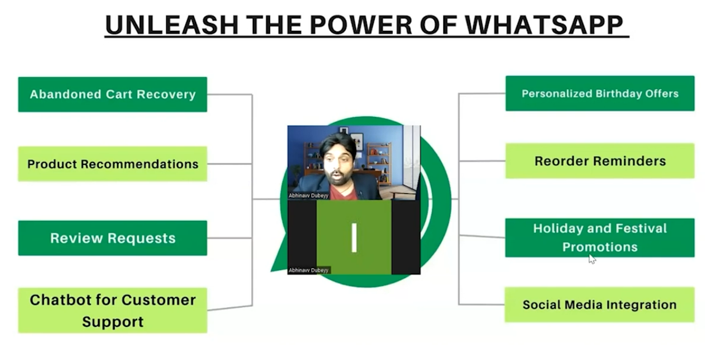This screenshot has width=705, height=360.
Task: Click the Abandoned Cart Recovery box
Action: tap(113, 94)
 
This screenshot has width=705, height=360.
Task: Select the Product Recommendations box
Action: tap(113, 164)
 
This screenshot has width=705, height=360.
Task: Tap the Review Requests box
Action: tap(113, 238)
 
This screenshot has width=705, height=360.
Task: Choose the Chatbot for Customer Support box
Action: tap(113, 310)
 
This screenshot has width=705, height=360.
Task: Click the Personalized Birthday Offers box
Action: tap(600, 93)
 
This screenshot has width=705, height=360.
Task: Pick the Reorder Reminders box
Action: tap(600, 161)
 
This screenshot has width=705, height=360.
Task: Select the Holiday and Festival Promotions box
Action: tap(600, 238)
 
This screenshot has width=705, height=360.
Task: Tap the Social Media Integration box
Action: tap(600, 304)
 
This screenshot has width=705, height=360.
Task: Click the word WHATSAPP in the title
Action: tap(544, 25)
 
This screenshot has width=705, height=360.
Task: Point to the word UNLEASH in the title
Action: tap(172, 25)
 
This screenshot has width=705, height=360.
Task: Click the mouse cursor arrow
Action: tap(592, 259)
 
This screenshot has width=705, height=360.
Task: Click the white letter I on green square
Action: tap(354, 238)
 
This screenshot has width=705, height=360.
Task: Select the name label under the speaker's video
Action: tap(308, 196)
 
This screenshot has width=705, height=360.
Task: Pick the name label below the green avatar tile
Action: tap(308, 270)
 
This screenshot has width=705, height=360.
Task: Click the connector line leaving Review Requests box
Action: tap(229, 238)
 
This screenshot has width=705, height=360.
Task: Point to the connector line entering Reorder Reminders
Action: tap(482, 161)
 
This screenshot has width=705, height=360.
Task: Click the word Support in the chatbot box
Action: tap(113, 322)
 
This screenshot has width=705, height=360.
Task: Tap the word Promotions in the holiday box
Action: tap(600, 247)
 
